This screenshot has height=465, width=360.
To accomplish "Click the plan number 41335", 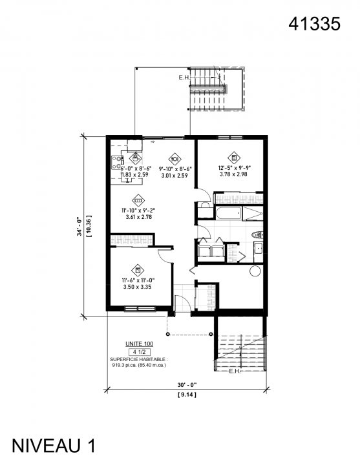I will point(314,24).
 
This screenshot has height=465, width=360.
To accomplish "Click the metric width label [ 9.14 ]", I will point(185,393).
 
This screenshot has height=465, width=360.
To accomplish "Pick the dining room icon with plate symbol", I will point(174,158).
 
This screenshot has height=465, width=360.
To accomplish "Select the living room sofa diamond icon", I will point(137,200).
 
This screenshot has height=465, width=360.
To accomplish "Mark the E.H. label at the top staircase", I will point(184,78).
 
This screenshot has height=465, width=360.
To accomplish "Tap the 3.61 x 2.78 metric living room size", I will point(137,217).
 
